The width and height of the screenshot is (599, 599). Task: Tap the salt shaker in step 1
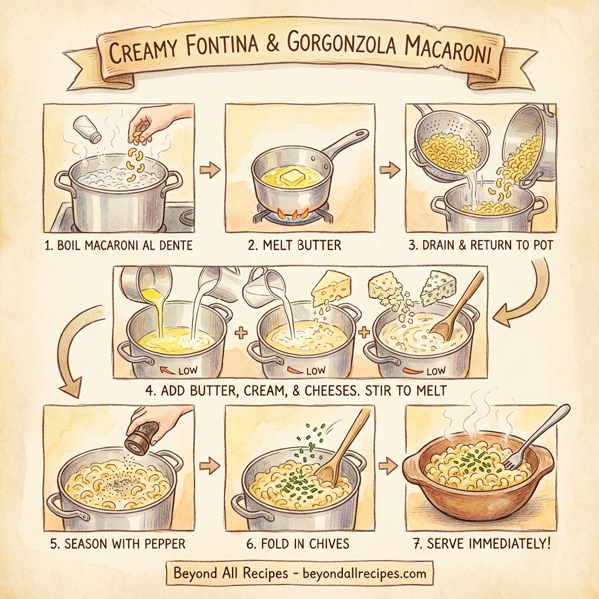click(89, 130)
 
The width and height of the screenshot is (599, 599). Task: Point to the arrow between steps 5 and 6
click(210, 465)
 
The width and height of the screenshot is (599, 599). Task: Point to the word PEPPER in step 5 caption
click(154, 543)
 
